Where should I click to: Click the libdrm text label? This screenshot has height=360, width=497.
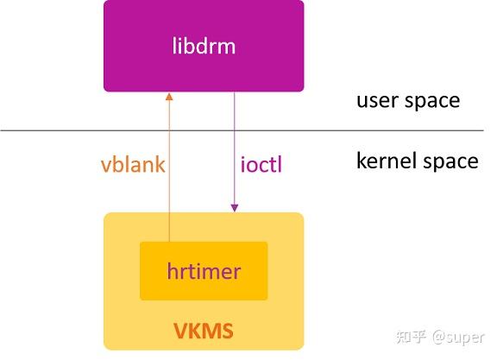pos(204,46)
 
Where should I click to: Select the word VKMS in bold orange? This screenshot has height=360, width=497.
pos(204,331)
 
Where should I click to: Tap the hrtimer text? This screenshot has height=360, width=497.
pos(204,272)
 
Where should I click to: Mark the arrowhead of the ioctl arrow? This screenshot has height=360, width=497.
pos(234,207)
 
